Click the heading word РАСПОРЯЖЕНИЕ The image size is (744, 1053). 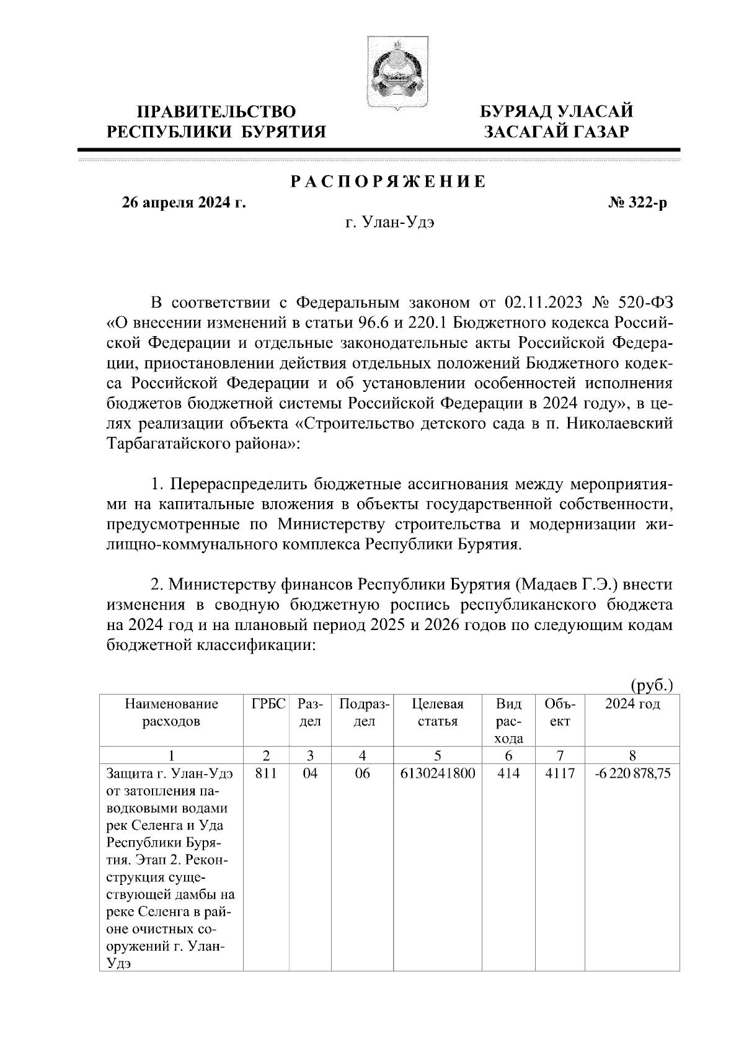[x=388, y=182]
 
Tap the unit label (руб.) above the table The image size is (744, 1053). [x=651, y=685]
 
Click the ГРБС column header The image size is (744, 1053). [x=268, y=704]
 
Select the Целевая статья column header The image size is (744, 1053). [x=438, y=713]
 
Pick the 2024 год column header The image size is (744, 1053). [x=632, y=704]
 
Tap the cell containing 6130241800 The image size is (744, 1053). [x=438, y=774]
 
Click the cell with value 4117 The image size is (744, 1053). [x=560, y=774]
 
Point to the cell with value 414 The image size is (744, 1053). [x=508, y=774]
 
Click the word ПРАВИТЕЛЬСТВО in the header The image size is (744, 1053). [x=216, y=112]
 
